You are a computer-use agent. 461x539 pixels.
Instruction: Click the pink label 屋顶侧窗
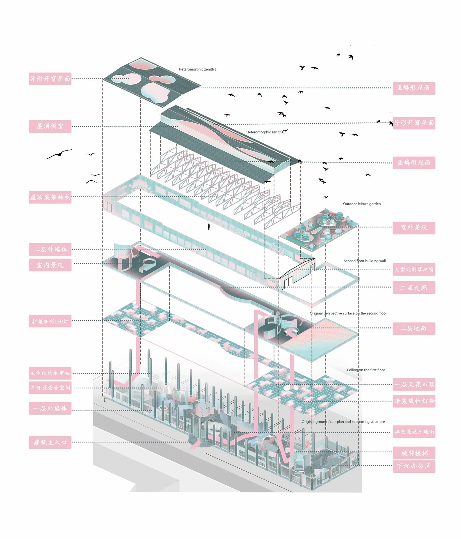tap(50, 126)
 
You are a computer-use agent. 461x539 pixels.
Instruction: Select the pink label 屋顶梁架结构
tap(50, 197)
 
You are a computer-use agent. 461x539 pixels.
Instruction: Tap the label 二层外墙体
tap(50, 249)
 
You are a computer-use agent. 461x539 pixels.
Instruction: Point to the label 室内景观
tap(50, 265)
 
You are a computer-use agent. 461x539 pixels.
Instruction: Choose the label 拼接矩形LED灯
tap(50, 321)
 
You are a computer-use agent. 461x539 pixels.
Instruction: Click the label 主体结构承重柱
tap(50, 373)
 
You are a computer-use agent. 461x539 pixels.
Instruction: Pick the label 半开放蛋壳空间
tap(50, 388)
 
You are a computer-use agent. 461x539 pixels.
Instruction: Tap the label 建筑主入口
tap(50, 442)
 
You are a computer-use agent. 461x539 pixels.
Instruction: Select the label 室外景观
tap(414, 228)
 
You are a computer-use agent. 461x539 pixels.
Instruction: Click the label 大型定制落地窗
tap(414, 269)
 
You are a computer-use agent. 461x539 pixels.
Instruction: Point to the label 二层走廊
tap(414, 288)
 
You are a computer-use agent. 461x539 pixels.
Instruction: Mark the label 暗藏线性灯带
tap(414, 401)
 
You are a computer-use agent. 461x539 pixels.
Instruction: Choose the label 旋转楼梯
tap(414, 453)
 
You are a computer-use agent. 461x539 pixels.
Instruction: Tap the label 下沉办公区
tap(414, 466)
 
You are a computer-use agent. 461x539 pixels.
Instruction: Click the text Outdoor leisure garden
tap(362, 204)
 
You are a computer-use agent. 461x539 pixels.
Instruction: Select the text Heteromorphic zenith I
tap(197, 69)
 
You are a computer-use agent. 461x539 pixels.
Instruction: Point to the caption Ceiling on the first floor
tap(366, 370)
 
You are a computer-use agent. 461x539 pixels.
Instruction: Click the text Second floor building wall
tap(364, 261)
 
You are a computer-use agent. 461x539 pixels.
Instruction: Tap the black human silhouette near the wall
tap(209, 226)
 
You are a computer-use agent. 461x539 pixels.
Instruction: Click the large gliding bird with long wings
tap(60, 154)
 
